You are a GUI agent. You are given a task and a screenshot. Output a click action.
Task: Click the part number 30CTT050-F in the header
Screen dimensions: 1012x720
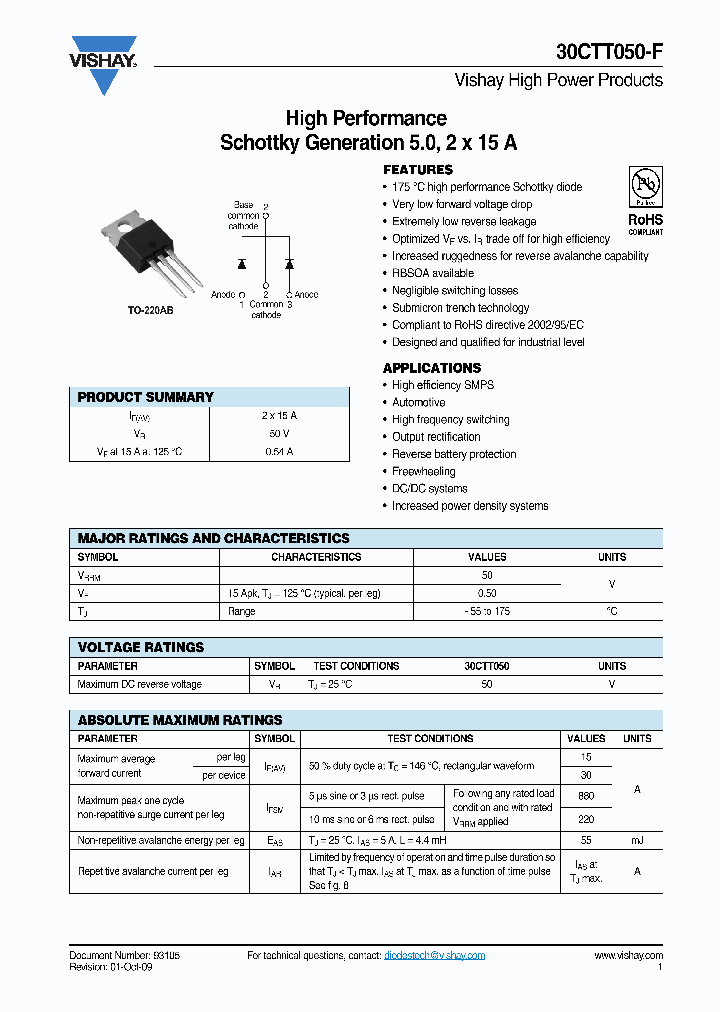(x=609, y=53)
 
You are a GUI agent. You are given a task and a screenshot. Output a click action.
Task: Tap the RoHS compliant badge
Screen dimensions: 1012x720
(x=645, y=201)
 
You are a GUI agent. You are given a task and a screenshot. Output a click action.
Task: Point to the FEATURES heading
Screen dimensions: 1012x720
(x=418, y=170)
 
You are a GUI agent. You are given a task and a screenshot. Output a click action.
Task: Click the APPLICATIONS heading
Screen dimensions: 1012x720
(x=432, y=368)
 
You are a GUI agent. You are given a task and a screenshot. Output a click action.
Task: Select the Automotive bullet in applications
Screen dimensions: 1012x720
(x=418, y=402)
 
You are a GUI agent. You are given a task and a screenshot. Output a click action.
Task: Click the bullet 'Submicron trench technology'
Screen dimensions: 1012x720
(x=460, y=308)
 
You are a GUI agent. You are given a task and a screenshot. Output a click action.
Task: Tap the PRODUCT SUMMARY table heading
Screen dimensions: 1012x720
(x=146, y=397)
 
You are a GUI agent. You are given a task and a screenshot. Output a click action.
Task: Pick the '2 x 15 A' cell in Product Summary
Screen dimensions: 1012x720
(x=279, y=416)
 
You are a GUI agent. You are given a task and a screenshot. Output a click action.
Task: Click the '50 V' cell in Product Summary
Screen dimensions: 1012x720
(x=279, y=434)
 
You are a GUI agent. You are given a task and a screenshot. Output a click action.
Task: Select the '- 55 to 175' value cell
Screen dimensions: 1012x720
(x=487, y=611)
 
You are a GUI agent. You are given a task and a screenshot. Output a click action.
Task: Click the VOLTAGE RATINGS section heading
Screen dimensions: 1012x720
(x=141, y=647)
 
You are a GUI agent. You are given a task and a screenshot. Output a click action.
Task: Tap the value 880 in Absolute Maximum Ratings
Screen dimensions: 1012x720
(x=586, y=796)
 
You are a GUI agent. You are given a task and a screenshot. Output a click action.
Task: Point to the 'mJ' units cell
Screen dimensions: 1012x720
(x=637, y=841)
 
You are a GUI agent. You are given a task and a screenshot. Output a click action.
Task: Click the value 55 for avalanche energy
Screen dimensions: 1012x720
(x=586, y=841)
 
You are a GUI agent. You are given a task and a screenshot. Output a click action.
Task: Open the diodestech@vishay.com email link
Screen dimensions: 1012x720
(x=434, y=956)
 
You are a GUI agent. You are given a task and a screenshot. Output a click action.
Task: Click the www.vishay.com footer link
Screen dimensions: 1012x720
(x=628, y=956)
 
